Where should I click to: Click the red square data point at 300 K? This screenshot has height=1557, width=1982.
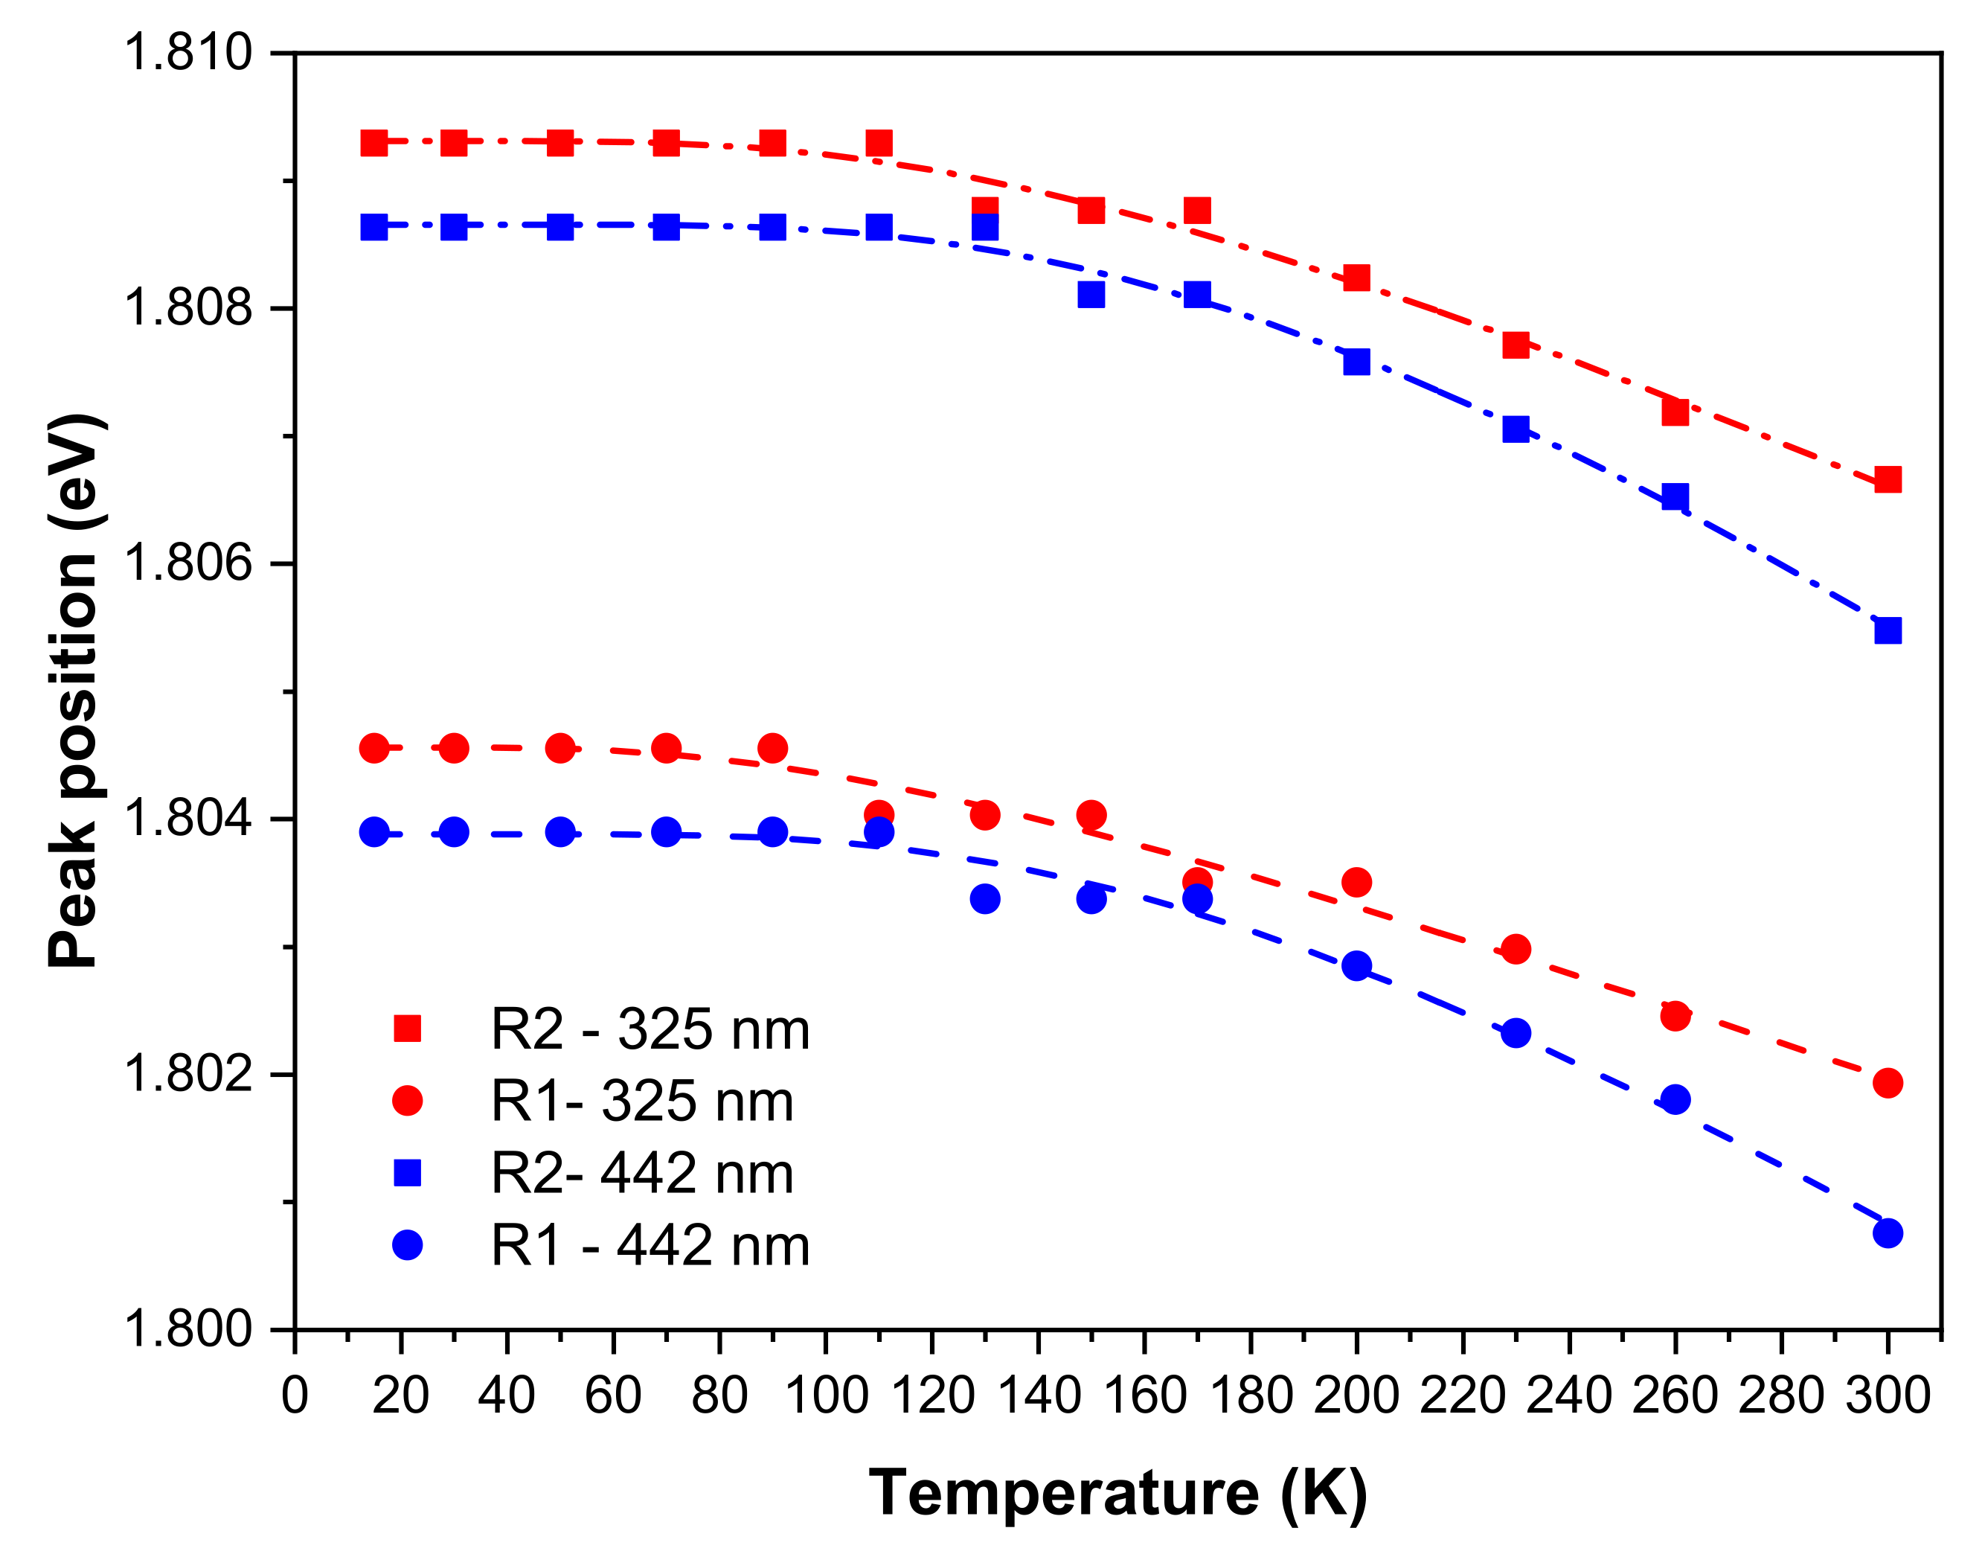click(x=1888, y=479)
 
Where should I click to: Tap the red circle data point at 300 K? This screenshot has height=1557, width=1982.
click(x=1888, y=1083)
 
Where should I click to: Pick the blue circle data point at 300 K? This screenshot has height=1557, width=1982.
click(x=1888, y=1233)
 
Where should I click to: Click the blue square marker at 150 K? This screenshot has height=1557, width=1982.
click(x=1091, y=295)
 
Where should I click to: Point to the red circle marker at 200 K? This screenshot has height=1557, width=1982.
click(x=1357, y=881)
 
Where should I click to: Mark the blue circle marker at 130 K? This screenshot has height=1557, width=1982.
click(x=985, y=899)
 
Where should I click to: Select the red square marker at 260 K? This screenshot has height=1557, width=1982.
click(x=1675, y=412)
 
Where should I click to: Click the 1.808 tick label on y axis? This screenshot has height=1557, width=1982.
click(x=187, y=307)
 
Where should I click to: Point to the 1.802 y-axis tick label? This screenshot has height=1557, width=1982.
click(x=187, y=1074)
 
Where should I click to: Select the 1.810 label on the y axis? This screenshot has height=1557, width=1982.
click(x=187, y=52)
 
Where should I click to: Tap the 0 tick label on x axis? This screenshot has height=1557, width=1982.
click(x=295, y=1395)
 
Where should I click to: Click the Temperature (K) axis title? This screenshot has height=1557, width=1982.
click(x=1118, y=1493)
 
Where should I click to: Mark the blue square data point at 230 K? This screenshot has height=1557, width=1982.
click(x=1516, y=429)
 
